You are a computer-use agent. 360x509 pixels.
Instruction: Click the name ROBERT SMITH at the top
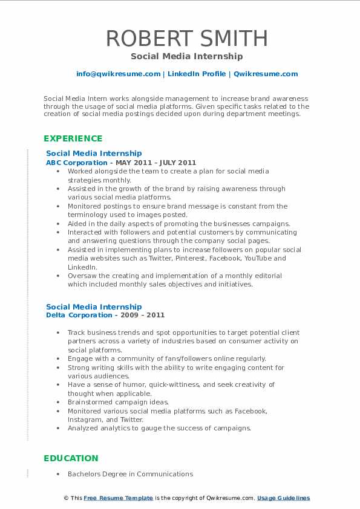click(x=187, y=38)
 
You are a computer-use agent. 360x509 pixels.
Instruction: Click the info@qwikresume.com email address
click(x=118, y=74)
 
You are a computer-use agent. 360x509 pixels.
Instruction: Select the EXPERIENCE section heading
click(x=73, y=138)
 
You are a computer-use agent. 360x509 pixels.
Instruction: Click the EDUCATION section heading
click(x=71, y=458)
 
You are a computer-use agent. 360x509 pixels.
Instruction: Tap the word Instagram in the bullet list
click(x=87, y=419)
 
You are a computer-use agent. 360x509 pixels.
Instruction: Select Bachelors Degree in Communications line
click(x=130, y=474)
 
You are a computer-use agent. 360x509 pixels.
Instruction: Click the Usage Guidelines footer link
click(x=283, y=498)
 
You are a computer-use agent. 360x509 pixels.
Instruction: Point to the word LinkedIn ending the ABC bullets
click(x=82, y=267)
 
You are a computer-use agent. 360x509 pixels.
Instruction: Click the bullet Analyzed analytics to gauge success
click(x=159, y=428)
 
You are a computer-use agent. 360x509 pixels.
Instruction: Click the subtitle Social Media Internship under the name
click(x=187, y=56)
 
